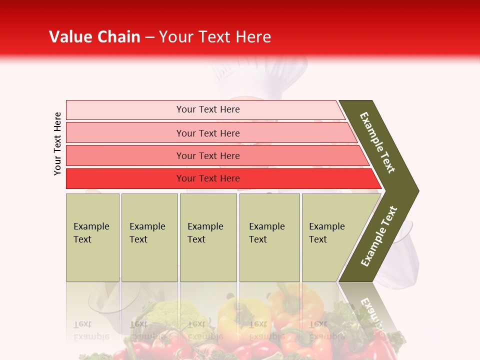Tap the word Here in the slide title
[x=253, y=37]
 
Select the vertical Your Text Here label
[x=57, y=143]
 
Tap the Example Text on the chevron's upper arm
[x=378, y=142]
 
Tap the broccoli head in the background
[x=165, y=312]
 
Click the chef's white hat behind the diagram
[x=260, y=72]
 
